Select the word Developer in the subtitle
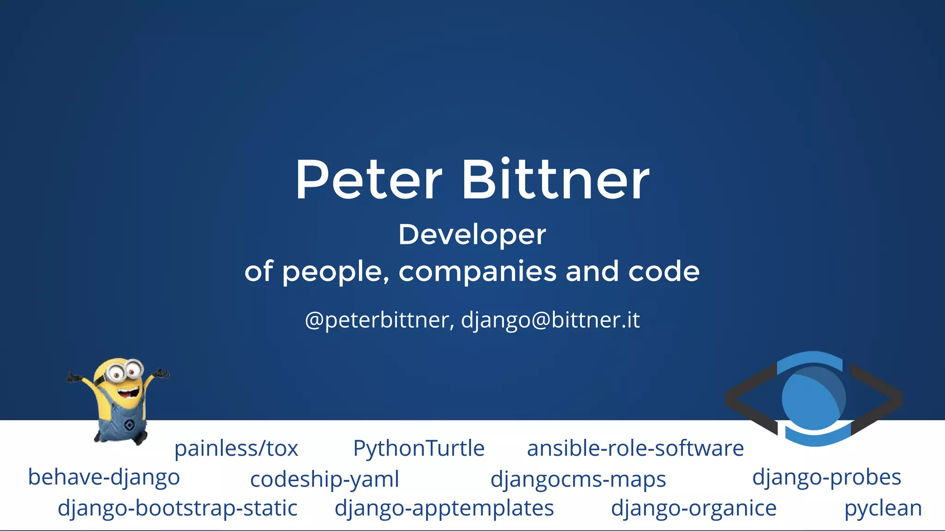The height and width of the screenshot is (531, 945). pyautogui.click(x=472, y=235)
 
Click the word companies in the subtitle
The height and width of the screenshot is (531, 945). pyautogui.click(x=477, y=271)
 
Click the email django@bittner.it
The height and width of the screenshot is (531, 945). pyautogui.click(x=550, y=320)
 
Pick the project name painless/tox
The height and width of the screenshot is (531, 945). pyautogui.click(x=236, y=448)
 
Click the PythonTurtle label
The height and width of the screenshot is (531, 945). pyautogui.click(x=419, y=448)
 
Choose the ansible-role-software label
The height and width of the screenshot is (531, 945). pyautogui.click(x=635, y=448)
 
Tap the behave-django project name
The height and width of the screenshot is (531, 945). pyautogui.click(x=104, y=478)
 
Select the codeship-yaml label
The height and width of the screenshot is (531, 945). pyautogui.click(x=324, y=480)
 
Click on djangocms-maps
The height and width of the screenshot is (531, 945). pyautogui.click(x=578, y=480)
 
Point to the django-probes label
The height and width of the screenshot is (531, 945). pyautogui.click(x=826, y=478)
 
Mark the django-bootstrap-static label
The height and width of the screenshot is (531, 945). pyautogui.click(x=178, y=508)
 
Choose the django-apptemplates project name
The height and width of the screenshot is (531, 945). pyautogui.click(x=444, y=508)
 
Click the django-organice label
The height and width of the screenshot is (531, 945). pyautogui.click(x=694, y=508)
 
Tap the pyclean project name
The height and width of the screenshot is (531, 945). pyautogui.click(x=883, y=508)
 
